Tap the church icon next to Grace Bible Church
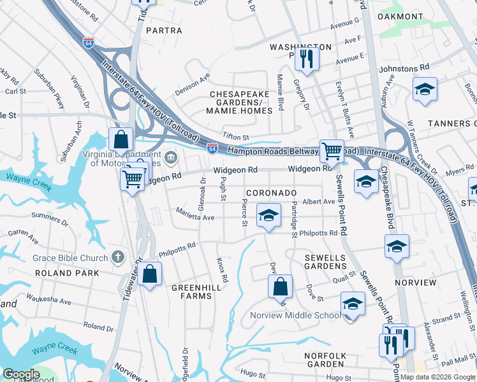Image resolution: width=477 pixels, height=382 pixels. (117, 258)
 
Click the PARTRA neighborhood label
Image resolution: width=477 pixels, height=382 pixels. (164, 30)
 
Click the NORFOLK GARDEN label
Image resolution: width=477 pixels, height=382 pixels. (325, 360)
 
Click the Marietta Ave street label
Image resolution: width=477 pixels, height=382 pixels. (196, 216)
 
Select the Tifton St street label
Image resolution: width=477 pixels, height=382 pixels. (235, 137)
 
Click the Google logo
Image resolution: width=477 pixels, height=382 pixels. (21, 374)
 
